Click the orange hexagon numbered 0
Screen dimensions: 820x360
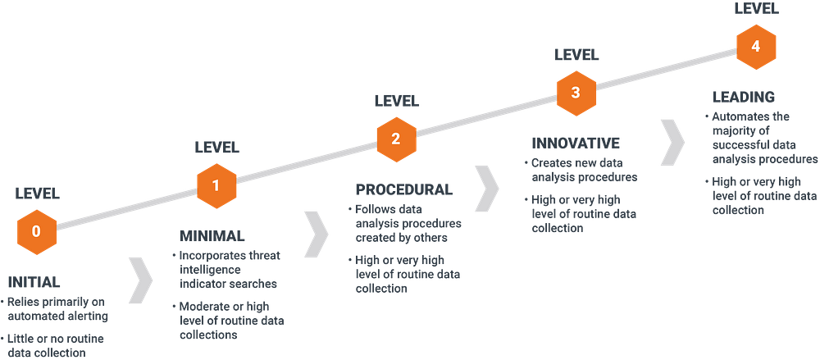click(36, 231)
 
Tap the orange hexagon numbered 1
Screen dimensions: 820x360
click(216, 185)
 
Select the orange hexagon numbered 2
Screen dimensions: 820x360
click(396, 139)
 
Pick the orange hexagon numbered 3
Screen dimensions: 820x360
click(576, 93)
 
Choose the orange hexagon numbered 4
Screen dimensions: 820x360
click(756, 47)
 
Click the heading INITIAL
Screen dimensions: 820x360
click(34, 283)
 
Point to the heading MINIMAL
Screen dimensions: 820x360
click(212, 236)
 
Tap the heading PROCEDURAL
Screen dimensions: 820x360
click(404, 189)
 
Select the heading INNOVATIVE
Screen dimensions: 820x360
click(576, 144)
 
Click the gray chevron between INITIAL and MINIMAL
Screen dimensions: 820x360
click(139, 280)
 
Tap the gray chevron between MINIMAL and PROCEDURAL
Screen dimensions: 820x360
click(317, 235)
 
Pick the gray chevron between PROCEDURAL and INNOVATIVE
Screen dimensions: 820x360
click(487, 189)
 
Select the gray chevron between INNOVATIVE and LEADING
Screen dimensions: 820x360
click(672, 143)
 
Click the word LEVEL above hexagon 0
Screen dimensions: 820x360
click(38, 194)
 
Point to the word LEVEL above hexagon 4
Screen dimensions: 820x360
click(757, 8)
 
